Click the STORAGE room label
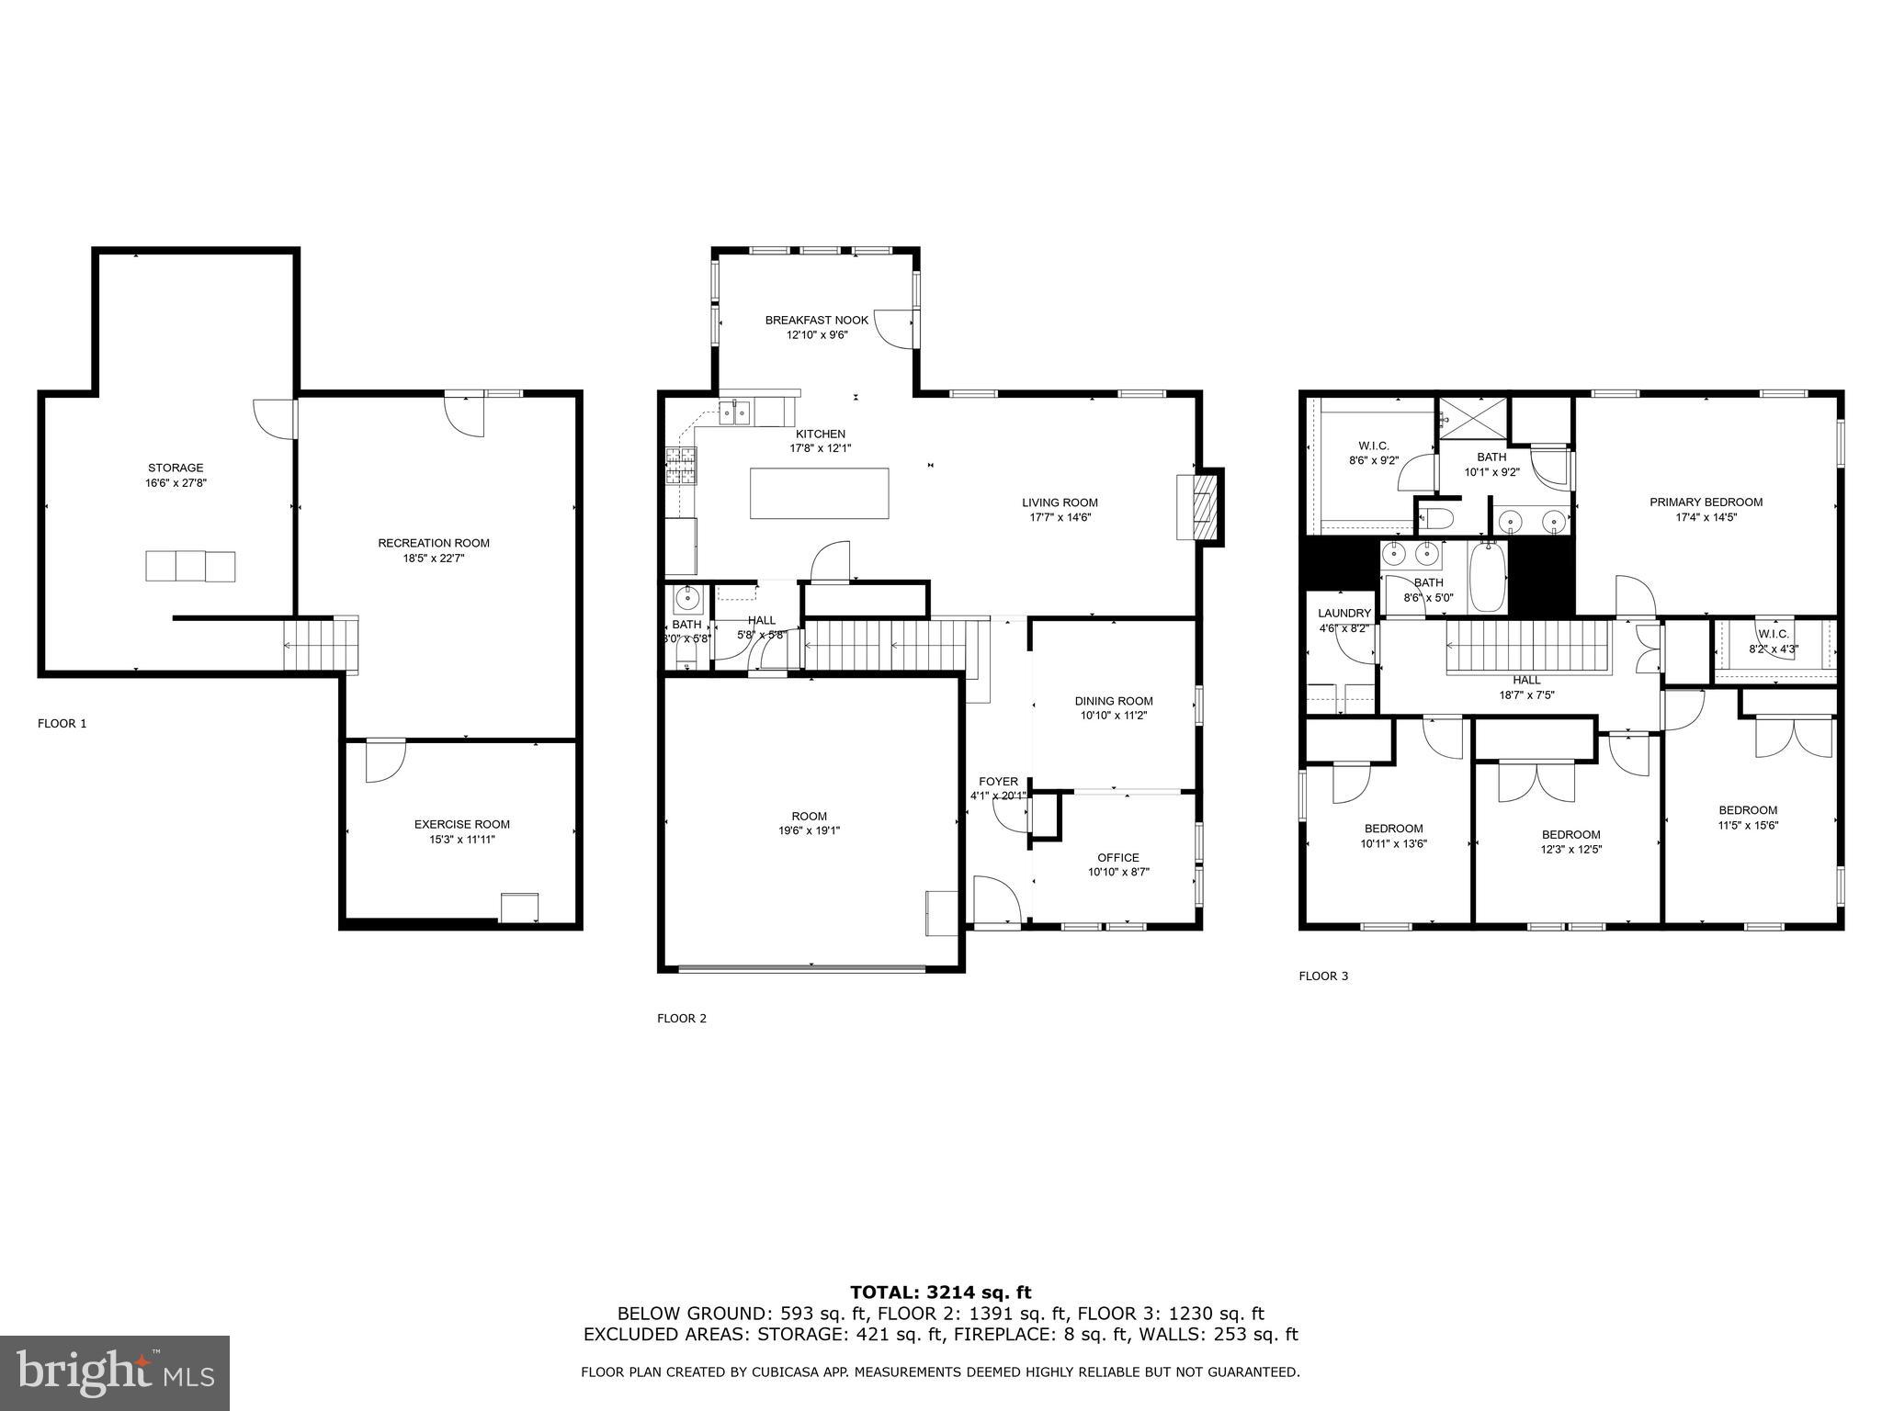pyautogui.click(x=176, y=468)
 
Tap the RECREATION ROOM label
pyautogui.click(x=434, y=543)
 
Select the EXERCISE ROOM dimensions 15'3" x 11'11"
pyautogui.click(x=461, y=839)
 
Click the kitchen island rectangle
pyautogui.click(x=819, y=493)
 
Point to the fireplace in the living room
pyautogui.click(x=1201, y=506)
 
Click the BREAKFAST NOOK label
pyautogui.click(x=816, y=320)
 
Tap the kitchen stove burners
pyautogui.click(x=682, y=466)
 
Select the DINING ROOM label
pyautogui.click(x=1114, y=701)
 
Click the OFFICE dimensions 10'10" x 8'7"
pyautogui.click(x=1117, y=872)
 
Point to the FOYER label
pyautogui.click(x=998, y=782)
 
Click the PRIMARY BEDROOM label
pyautogui.click(x=1706, y=502)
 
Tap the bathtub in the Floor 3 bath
pyautogui.click(x=1487, y=576)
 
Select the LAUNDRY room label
pyautogui.click(x=1343, y=613)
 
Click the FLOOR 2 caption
pyautogui.click(x=682, y=1018)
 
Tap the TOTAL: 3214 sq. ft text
pyautogui.click(x=940, y=1292)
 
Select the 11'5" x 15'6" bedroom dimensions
pyautogui.click(x=1748, y=825)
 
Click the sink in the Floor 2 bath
pyautogui.click(x=686, y=599)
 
